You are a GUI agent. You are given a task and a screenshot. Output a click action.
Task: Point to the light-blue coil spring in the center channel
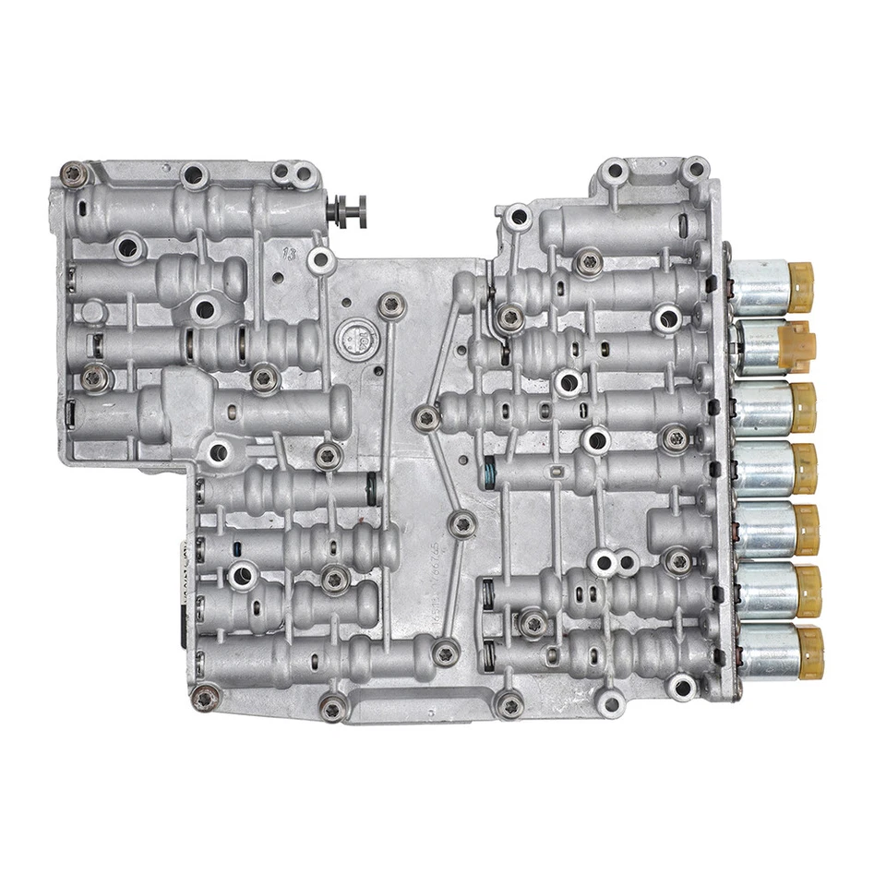coord(489,474)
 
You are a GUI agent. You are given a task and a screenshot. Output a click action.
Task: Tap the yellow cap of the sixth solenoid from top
coord(808,590)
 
